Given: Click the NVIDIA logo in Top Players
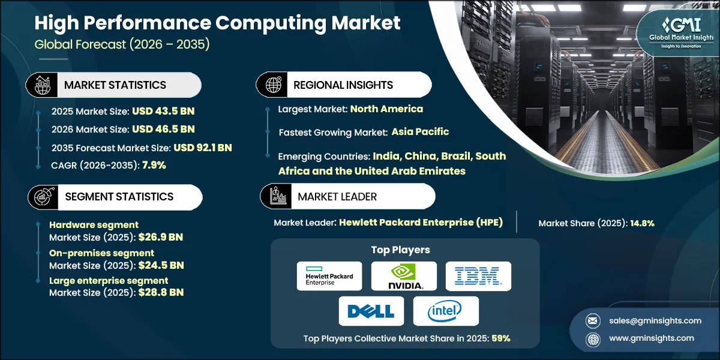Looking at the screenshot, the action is pos(404,276).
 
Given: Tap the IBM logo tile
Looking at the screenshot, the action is pos(478,276).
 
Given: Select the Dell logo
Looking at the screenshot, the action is pos(371,311).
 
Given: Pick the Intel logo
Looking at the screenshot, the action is pos(446,311).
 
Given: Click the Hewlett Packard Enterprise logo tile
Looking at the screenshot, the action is pos(329,276).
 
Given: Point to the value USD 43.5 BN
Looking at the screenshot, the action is pos(163,111).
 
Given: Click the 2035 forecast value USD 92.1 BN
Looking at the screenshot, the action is pos(203,148).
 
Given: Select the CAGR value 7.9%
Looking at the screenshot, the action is pos(154,165).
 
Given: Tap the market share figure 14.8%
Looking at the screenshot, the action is pos(642,223).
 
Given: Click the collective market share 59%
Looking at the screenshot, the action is pos(501,338).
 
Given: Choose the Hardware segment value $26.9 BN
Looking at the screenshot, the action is pos(161,237).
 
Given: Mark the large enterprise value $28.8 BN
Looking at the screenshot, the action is pos(161,293).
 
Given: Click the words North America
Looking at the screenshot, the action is pos(386,109).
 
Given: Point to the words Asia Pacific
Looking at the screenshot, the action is pos(420,132).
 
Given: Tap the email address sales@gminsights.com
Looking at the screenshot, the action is pos(655,321).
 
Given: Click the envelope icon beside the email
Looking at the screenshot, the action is pos(593,321).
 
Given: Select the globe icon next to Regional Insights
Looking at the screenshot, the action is pos(273,85).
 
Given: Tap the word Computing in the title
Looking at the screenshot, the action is pos(271,24).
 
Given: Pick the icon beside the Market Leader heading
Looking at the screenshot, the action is pos(278,196).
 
